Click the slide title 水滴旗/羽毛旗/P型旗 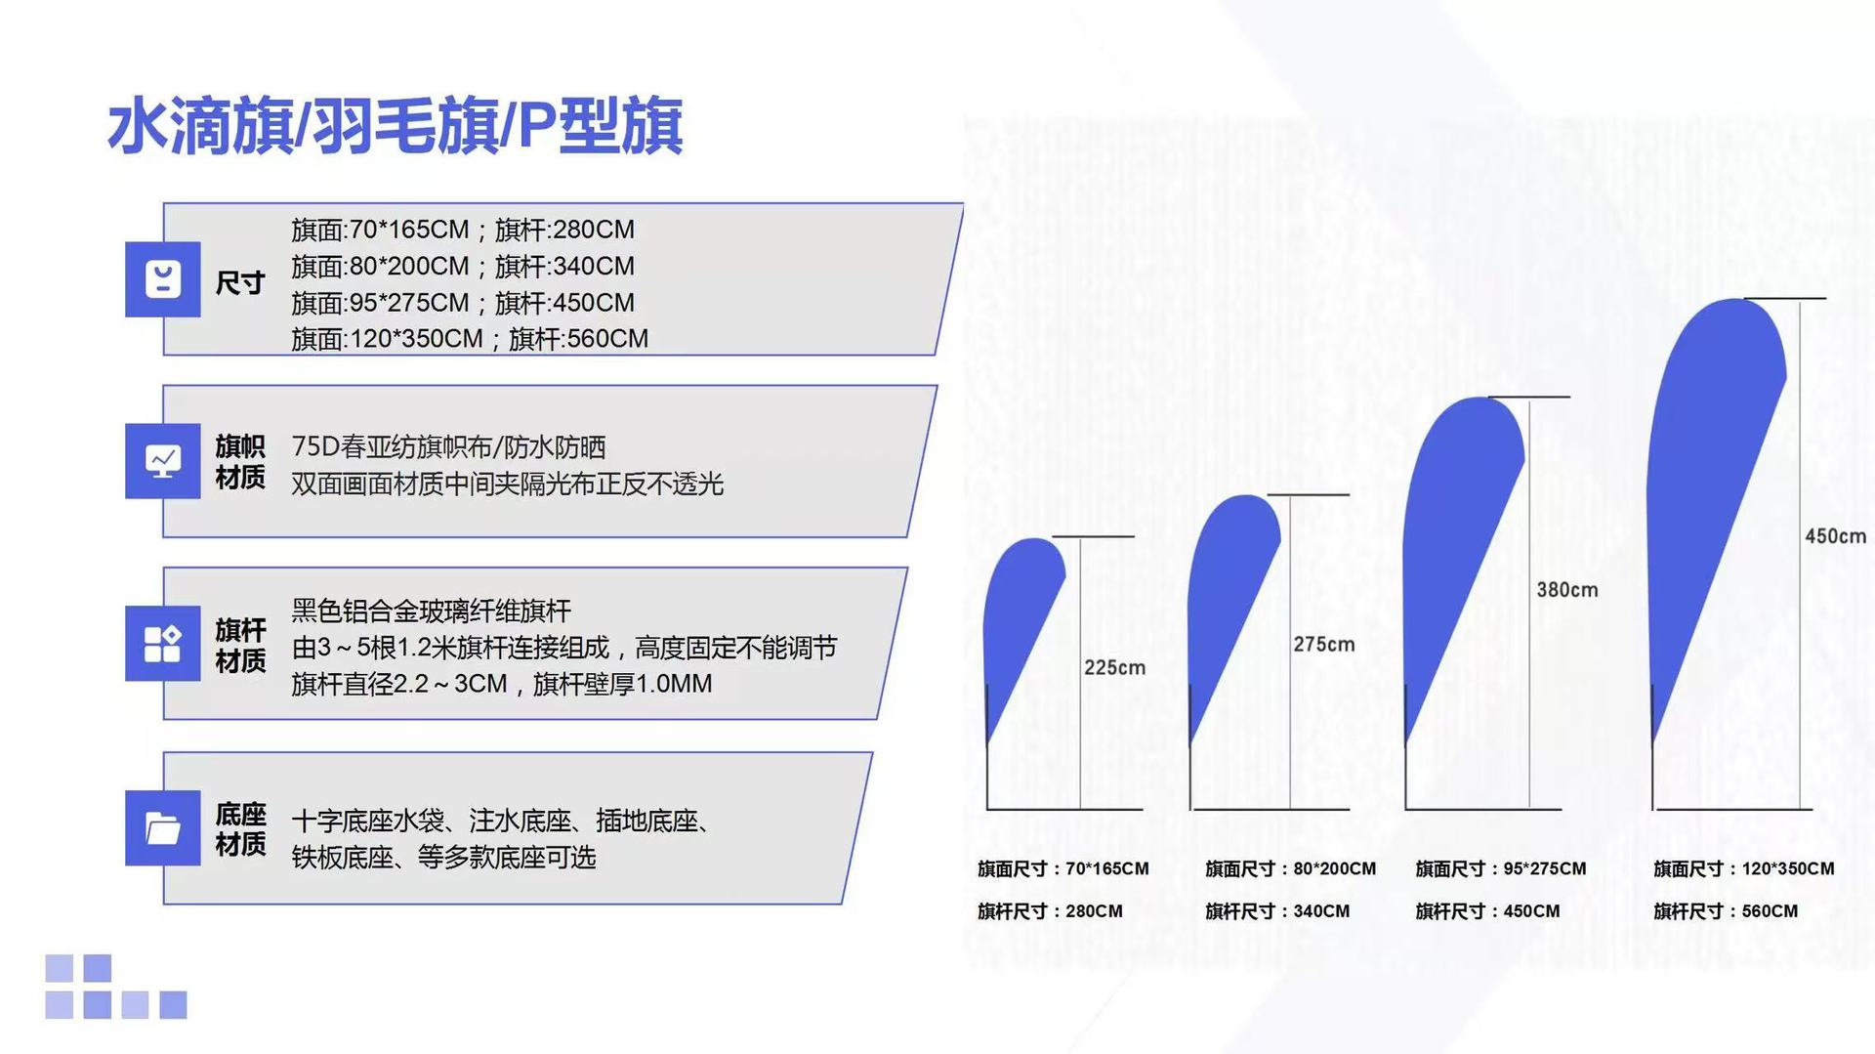pyautogui.click(x=395, y=126)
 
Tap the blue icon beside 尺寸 pyautogui.click(x=163, y=279)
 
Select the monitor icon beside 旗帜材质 pyautogui.click(x=163, y=461)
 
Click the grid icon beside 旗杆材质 pyautogui.click(x=163, y=644)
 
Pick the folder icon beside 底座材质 pyautogui.click(x=163, y=827)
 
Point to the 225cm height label pyautogui.click(x=1114, y=668)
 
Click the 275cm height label pyautogui.click(x=1324, y=645)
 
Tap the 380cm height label pyautogui.click(x=1567, y=590)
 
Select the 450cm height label pyautogui.click(x=1835, y=536)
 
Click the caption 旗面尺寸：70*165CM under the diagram pyautogui.click(x=1062, y=868)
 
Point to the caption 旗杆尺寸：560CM pyautogui.click(x=1726, y=911)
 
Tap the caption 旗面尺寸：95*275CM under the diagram pyautogui.click(x=1501, y=868)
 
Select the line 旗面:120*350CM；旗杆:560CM pyautogui.click(x=470, y=339)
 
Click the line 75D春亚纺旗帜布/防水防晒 pyautogui.click(x=448, y=447)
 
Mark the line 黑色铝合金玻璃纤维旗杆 pyautogui.click(x=431, y=611)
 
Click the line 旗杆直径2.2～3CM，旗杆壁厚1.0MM pyautogui.click(x=502, y=684)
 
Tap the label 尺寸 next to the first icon pyautogui.click(x=240, y=283)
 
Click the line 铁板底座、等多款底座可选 pyautogui.click(x=443, y=858)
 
